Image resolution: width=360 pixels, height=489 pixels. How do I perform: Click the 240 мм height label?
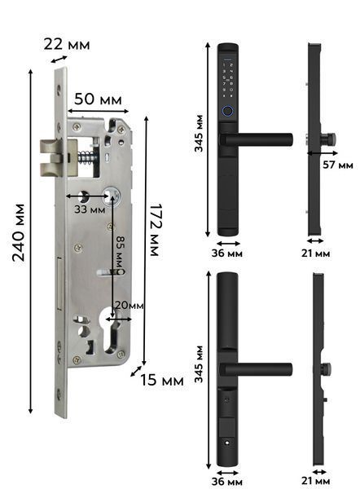pos(19,232)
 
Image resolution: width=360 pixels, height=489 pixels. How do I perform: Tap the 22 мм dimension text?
pos(67,44)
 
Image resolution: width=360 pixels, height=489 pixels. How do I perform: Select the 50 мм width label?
pos(98,99)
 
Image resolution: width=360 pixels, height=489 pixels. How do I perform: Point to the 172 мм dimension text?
pos(155,230)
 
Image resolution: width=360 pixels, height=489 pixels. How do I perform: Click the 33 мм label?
pos(90,209)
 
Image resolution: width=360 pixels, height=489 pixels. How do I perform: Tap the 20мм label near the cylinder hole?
pos(129,305)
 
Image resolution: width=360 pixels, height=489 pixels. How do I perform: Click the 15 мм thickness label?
pos(161,380)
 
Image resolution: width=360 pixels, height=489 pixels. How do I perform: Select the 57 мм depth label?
pos(337,165)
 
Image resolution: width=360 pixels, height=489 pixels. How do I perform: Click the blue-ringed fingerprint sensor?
pos(228,111)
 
